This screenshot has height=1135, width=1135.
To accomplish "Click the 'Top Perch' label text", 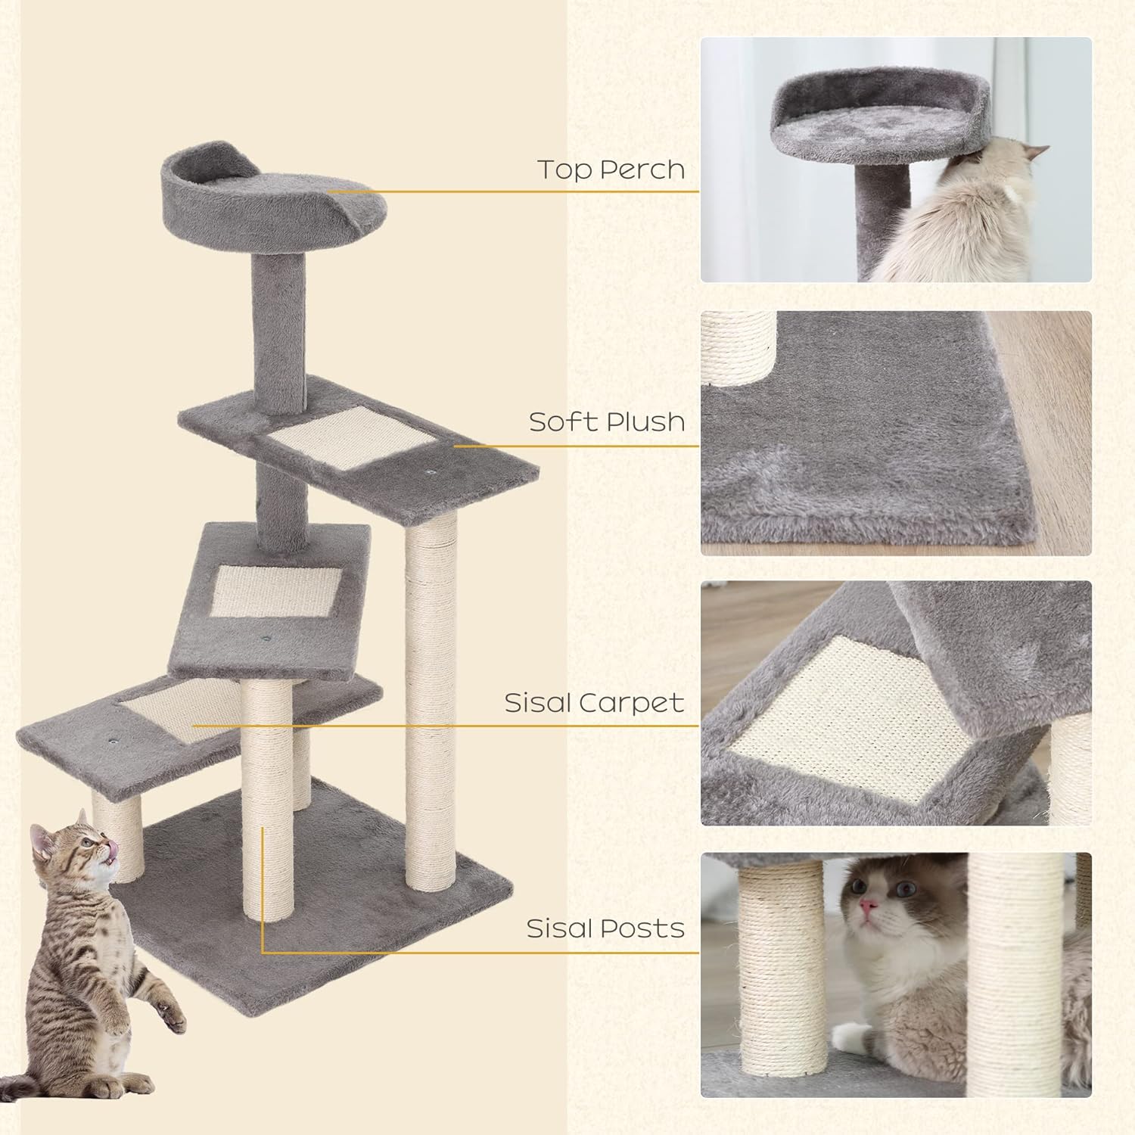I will point(611,169).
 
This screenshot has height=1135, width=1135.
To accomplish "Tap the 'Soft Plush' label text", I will point(607,421).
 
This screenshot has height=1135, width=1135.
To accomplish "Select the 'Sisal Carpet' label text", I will point(594,703).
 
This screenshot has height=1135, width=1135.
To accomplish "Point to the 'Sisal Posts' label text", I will point(605,928).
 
